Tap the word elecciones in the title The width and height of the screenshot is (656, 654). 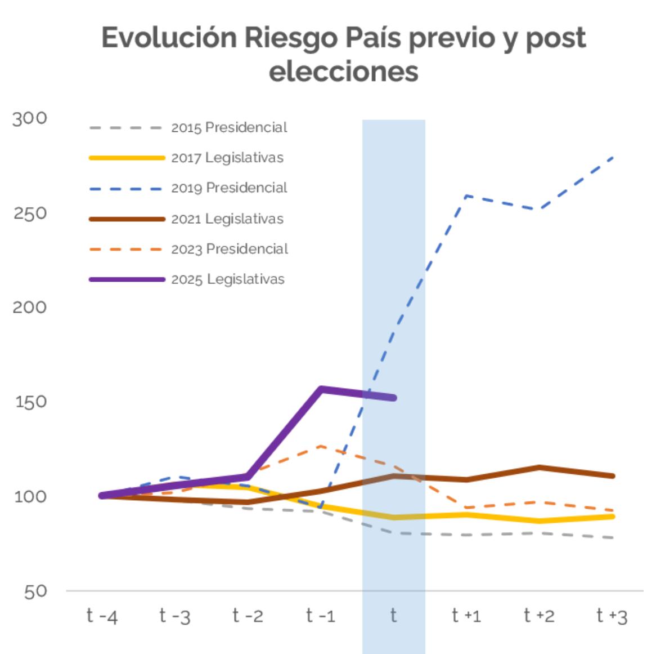tap(343, 72)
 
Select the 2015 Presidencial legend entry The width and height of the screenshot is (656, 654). tap(229, 128)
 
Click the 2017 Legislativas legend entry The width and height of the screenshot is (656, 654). tap(227, 158)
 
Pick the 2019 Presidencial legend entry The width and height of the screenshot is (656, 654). tap(229, 188)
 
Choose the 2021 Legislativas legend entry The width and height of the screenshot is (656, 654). tap(227, 219)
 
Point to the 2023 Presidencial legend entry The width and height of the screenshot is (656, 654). tap(230, 249)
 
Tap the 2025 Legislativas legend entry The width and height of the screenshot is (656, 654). tap(227, 279)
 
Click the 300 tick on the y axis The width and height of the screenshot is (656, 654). tap(30, 118)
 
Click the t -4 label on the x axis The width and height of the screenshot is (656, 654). tap(102, 616)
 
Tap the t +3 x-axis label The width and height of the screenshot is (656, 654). tap(612, 616)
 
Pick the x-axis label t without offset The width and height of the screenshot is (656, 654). tap(393, 615)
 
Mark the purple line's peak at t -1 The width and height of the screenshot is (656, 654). tap(321, 389)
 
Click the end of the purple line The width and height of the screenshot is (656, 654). tap(394, 398)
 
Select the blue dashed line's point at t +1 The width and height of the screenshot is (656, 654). tap(466, 196)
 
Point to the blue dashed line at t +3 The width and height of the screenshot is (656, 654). tap(612, 157)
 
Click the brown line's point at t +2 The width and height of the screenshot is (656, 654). tap(539, 467)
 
